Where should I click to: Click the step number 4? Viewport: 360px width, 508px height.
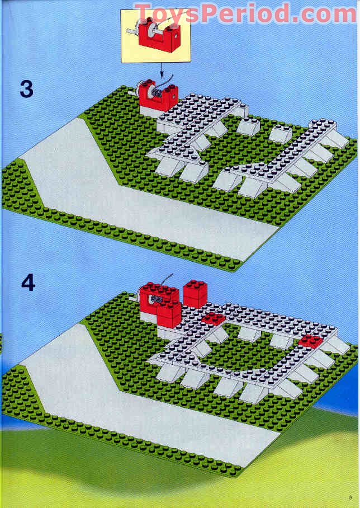pyautogui.click(x=27, y=283)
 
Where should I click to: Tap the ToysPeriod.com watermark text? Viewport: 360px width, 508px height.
pyautogui.click(x=245, y=13)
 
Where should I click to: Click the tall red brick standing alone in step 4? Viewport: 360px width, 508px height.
pyautogui.click(x=195, y=294)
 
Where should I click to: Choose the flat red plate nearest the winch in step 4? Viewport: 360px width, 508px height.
pyautogui.click(x=214, y=319)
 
